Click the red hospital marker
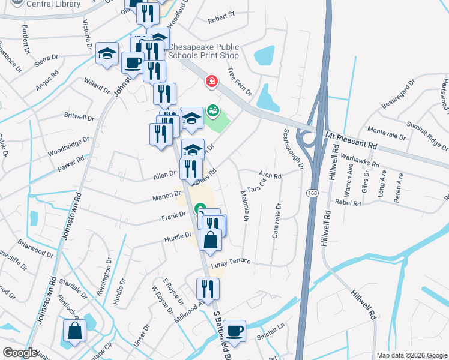211,81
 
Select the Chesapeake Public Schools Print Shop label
203,51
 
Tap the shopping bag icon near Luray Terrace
211,240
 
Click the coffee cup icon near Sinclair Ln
235,331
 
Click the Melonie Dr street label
244,205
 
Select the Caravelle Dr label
276,221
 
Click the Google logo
19,353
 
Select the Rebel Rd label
348,203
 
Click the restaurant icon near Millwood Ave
208,289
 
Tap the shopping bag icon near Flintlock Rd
74,331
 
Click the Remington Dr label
108,271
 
